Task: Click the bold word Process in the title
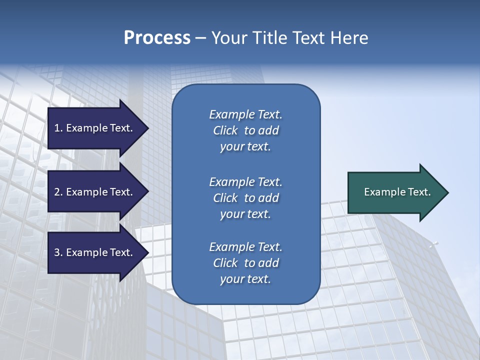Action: tap(157, 38)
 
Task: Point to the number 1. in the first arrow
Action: tap(58, 128)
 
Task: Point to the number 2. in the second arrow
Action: tap(58, 192)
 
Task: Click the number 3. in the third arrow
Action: tap(58, 252)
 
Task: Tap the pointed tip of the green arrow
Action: tap(446, 192)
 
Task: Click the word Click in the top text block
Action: tap(225, 131)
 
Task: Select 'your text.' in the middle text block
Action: tap(245, 214)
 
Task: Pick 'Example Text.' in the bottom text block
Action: tap(245, 247)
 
